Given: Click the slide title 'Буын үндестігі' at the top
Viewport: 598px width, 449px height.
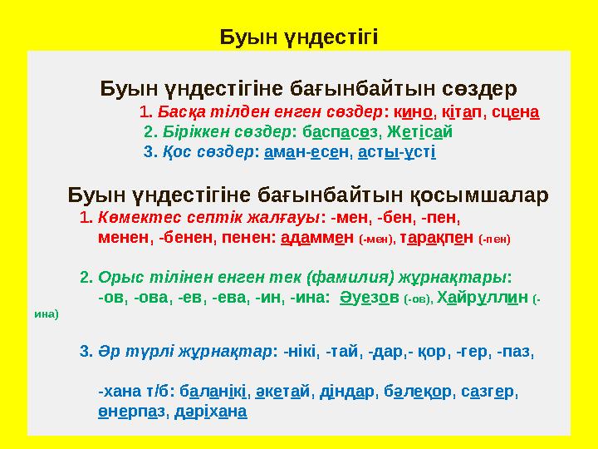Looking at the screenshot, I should [x=298, y=37].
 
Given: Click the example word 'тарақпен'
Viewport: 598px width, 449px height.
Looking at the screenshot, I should [x=431, y=237].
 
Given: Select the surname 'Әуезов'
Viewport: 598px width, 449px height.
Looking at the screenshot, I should [x=370, y=296].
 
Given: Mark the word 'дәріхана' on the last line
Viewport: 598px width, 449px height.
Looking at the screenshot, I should [x=213, y=412].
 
